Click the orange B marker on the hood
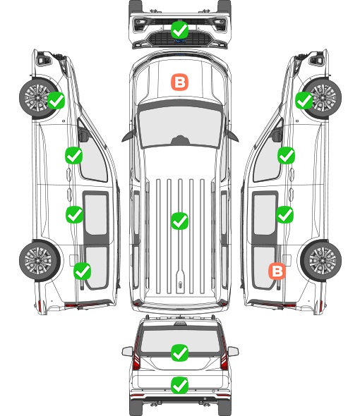point(179,82)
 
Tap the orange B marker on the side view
point(277,271)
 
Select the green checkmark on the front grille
point(179,30)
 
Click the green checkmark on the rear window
point(179,353)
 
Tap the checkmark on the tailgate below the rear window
point(179,385)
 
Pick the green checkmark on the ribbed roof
point(179,221)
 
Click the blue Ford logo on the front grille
point(179,41)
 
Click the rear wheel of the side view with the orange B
point(321,261)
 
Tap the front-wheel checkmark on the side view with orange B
point(304,101)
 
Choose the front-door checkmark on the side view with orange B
point(286,155)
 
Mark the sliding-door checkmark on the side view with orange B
point(284,214)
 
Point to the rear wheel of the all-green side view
point(40,261)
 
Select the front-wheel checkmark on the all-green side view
point(56,101)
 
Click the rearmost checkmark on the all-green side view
point(83,271)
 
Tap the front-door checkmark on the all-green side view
point(74,155)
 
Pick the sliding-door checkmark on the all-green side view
point(74,214)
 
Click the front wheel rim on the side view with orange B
point(323,97)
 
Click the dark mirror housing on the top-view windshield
point(180,140)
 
